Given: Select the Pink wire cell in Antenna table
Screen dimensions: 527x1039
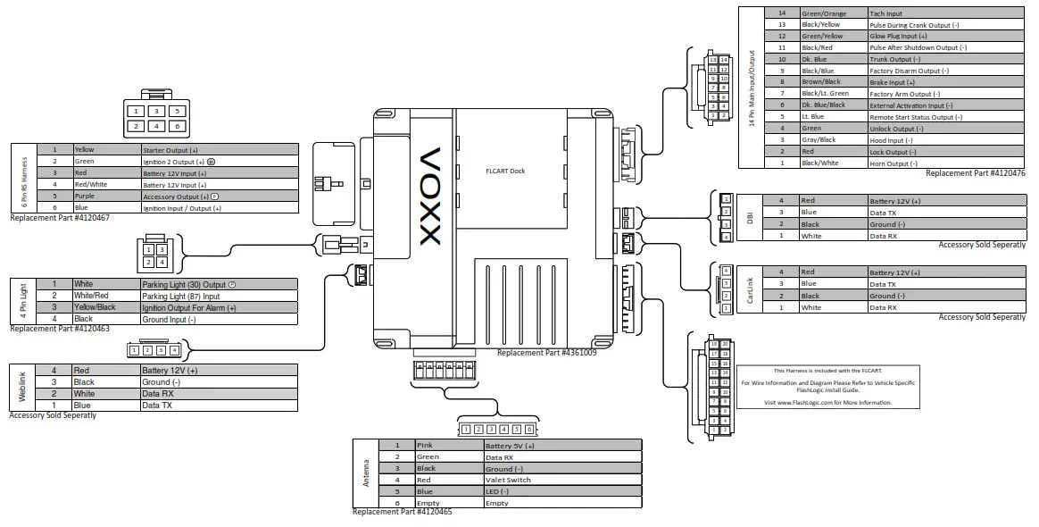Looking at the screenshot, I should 446,445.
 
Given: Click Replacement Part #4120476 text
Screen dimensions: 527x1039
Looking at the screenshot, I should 975,173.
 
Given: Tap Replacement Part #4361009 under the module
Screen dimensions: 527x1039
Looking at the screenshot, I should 546,352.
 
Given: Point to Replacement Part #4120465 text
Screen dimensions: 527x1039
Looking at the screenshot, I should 402,512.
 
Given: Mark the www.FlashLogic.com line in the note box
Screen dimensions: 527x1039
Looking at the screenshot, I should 827,402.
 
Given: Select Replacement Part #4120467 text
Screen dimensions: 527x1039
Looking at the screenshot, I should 60,218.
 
